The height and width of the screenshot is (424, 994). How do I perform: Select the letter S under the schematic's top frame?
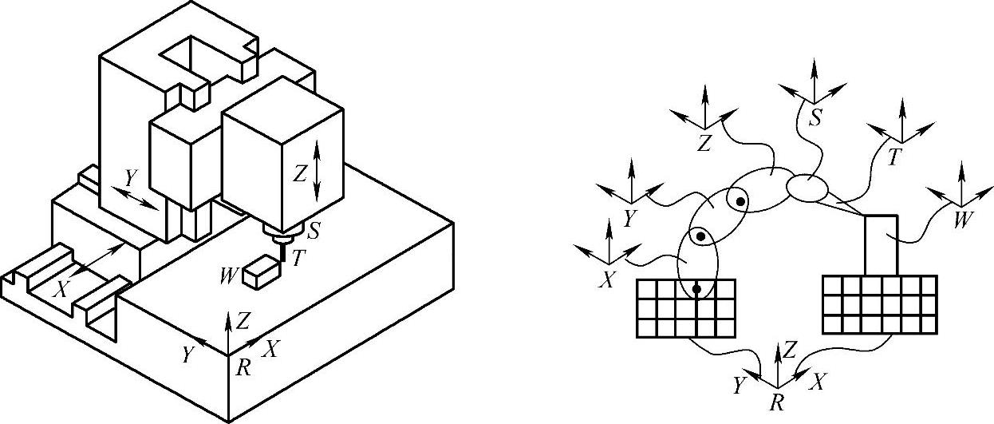[815, 118]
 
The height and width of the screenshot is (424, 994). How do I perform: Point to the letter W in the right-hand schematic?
[964, 219]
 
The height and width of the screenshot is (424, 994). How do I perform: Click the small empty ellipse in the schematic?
[808, 188]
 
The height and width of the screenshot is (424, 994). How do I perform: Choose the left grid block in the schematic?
[686, 307]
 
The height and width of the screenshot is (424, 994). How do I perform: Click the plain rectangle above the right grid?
[881, 245]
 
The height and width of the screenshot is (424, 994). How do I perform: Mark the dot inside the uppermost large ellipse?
[740, 202]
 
